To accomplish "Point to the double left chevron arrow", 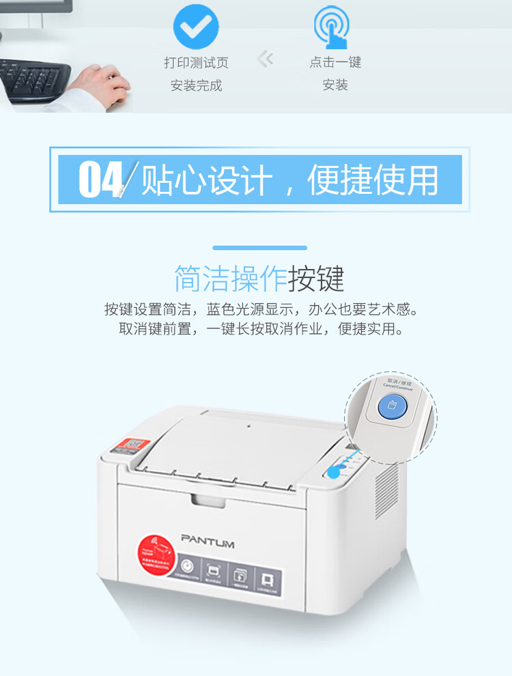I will click(x=265, y=59).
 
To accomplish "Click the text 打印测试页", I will click(x=196, y=63).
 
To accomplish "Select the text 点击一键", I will click(x=335, y=62).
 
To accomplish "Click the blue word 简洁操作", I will click(x=230, y=279).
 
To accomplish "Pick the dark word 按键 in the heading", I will click(x=316, y=279).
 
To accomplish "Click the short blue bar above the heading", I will click(x=259, y=248).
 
